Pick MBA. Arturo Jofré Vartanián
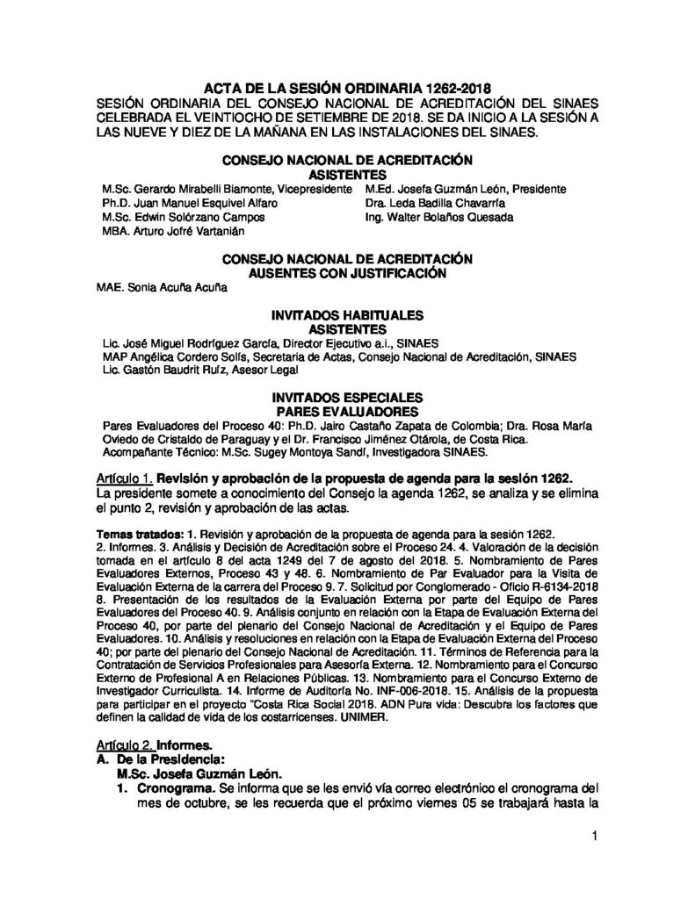pyautogui.click(x=171, y=231)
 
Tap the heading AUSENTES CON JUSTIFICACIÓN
pyautogui.click(x=347, y=273)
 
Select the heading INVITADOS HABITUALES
pyautogui.click(x=347, y=314)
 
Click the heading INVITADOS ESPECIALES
pyautogui.click(x=347, y=398)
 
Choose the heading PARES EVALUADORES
pyautogui.click(x=347, y=411)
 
